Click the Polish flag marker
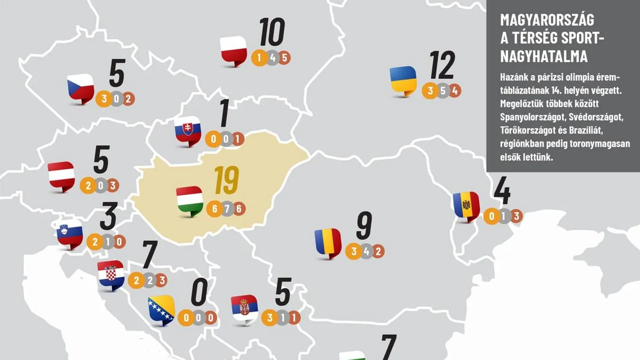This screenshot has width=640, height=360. tap(234, 50)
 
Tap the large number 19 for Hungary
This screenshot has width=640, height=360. tap(226, 181)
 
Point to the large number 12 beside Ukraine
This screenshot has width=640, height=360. tap(442, 65)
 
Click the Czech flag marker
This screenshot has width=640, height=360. tap(80, 88)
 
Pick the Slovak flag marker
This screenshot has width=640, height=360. tap(188, 130)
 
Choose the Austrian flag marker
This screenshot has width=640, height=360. tap(61, 176)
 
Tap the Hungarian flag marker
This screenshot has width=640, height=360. tap(190, 200)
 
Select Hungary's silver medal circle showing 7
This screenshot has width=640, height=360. tap(226, 209)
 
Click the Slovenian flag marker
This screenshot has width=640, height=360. tap(70, 234)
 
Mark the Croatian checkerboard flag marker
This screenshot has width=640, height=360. tap(111, 275)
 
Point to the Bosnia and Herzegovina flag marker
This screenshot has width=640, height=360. tap(161, 310)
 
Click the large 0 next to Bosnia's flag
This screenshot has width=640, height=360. tap(200, 293)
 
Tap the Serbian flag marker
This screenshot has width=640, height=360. tap(244, 309)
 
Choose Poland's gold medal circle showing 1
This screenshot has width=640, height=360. tap(259, 58)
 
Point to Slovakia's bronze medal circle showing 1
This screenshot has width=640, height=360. tap(238, 139)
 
